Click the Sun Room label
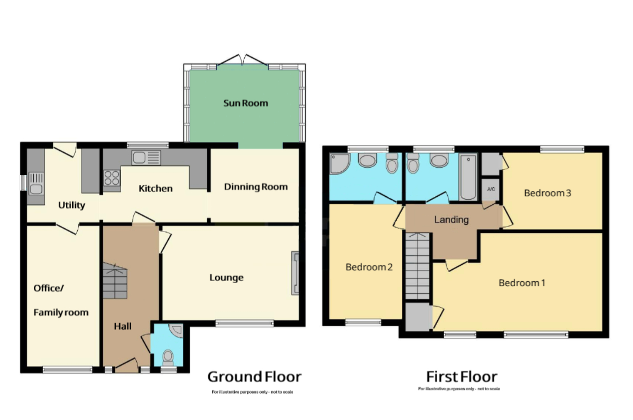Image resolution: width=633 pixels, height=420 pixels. pyautogui.click(x=246, y=103)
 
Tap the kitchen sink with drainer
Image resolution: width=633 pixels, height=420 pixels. pyautogui.click(x=146, y=158)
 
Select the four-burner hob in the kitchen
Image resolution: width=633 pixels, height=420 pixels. pyautogui.click(x=112, y=178)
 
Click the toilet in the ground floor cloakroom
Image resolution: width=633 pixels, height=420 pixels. pyautogui.click(x=168, y=358)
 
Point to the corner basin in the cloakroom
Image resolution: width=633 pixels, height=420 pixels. pyautogui.click(x=177, y=331)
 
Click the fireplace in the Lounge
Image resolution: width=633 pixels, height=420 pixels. pyautogui.click(x=295, y=273)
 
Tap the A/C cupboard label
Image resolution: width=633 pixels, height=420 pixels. pyautogui.click(x=491, y=189)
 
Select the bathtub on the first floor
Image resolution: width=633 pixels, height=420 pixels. pyautogui.click(x=468, y=177)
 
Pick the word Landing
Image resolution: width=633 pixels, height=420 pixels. pyautogui.click(x=451, y=219)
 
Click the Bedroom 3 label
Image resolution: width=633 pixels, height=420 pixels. pyautogui.click(x=547, y=193)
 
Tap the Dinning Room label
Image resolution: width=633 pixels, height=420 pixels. pyautogui.click(x=256, y=187)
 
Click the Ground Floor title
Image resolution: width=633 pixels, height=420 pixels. pyautogui.click(x=254, y=377)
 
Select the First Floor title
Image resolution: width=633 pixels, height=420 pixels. pyautogui.click(x=462, y=377)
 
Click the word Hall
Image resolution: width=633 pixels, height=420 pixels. pyautogui.click(x=123, y=326)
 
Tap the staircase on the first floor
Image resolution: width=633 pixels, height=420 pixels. pyautogui.click(x=417, y=266)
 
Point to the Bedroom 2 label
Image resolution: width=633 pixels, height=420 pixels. pyautogui.click(x=369, y=267)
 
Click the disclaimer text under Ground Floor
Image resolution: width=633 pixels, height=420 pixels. pyautogui.click(x=252, y=392)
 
